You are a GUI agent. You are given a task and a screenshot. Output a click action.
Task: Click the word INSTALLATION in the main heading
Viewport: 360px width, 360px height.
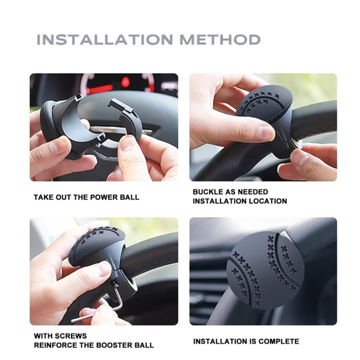105,40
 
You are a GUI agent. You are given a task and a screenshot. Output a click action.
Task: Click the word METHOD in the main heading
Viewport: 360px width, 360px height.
220,40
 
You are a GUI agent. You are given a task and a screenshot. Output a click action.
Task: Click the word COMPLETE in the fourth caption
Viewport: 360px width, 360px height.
279,342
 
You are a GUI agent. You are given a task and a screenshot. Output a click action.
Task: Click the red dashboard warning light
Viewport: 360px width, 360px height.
126,82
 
